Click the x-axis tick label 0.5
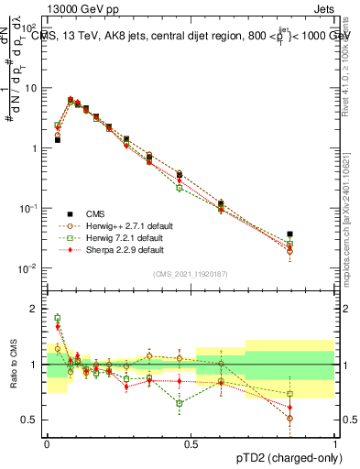pyautogui.click(x=191, y=442)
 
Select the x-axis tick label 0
pyautogui.click(x=47, y=442)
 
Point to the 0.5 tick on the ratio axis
pyautogui.click(x=32, y=420)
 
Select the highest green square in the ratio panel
pyautogui.click(x=58, y=318)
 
